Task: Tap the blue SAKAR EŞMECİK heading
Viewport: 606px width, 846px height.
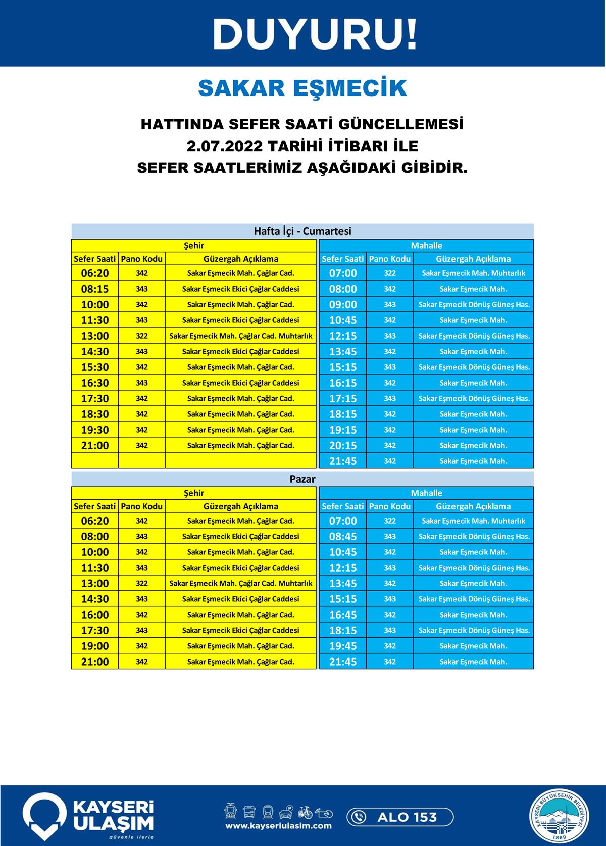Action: coord(302,88)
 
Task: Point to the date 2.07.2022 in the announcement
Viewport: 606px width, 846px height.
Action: coord(225,146)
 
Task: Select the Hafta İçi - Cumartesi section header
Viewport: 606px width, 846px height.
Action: coord(302,231)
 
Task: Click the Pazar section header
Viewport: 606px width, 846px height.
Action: coord(302,479)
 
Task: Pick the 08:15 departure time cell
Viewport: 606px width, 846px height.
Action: coord(95,289)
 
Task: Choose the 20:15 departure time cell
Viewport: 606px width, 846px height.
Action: coord(343,445)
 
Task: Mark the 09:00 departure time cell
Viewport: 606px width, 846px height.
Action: coord(343,304)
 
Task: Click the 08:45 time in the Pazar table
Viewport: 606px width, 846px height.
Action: coord(343,536)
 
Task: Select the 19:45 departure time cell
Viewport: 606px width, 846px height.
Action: coord(343,646)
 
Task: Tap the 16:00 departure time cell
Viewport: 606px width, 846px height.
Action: coord(95,615)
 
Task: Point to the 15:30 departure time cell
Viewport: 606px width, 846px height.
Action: coord(95,367)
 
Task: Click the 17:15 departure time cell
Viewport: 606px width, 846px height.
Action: coord(343,398)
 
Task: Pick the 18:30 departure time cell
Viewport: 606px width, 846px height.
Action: coord(95,414)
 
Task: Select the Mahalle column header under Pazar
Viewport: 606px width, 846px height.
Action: coord(426,493)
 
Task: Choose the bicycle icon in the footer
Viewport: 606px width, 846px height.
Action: coord(305,812)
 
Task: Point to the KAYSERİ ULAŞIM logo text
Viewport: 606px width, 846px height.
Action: coord(113,815)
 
